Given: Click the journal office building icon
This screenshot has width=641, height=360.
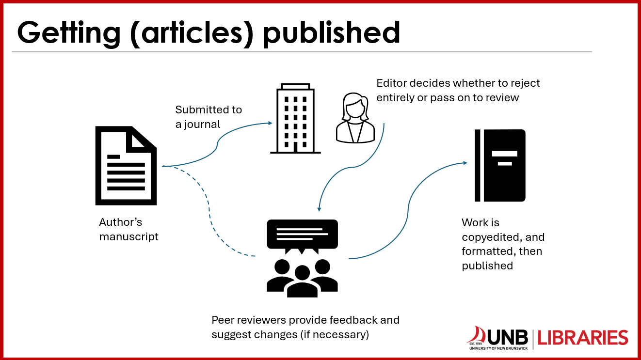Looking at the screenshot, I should (x=295, y=119).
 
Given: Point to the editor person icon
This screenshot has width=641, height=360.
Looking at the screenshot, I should (x=356, y=119).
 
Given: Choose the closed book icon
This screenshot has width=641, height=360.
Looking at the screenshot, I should (x=500, y=165).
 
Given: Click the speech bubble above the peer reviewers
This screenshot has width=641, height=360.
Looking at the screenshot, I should (x=302, y=235).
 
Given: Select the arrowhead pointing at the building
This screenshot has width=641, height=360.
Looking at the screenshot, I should (x=270, y=123).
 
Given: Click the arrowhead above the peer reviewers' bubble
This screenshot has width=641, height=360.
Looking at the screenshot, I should (x=319, y=209).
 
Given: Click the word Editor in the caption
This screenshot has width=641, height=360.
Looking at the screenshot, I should (x=391, y=83).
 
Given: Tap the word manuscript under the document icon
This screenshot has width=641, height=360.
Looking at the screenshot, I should (x=128, y=237).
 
